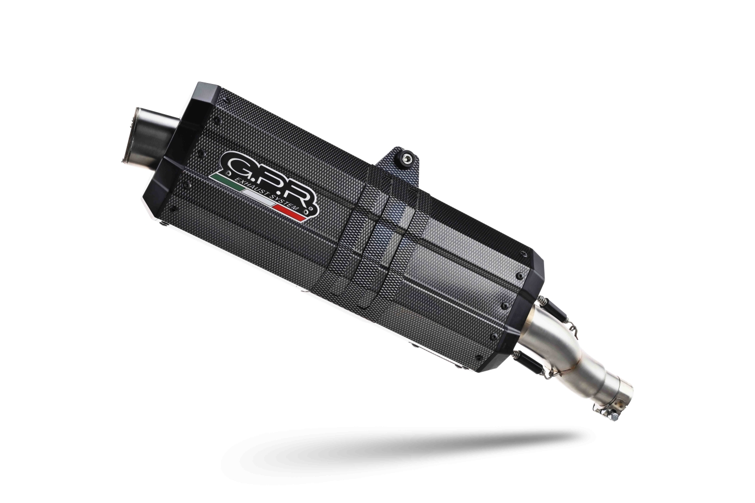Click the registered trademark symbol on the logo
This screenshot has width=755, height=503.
(313, 206)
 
